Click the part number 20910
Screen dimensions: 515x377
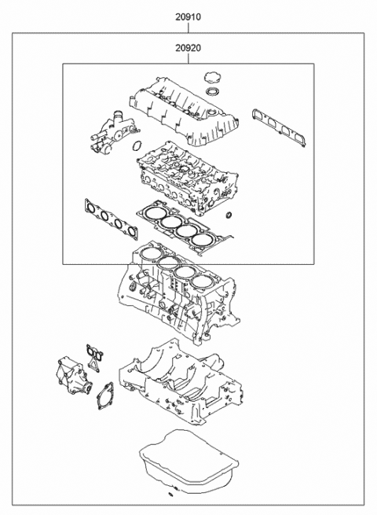pyautogui.click(x=188, y=15)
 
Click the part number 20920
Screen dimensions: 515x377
pyautogui.click(x=188, y=48)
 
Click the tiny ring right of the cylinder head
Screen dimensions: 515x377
pyautogui.click(x=229, y=215)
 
